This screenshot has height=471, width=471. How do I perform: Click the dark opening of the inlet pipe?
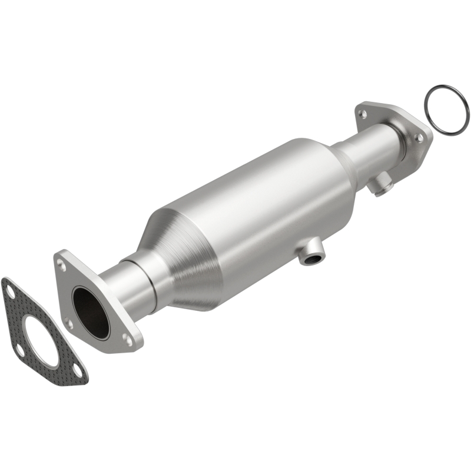91,312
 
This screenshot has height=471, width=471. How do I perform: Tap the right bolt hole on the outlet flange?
419,137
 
